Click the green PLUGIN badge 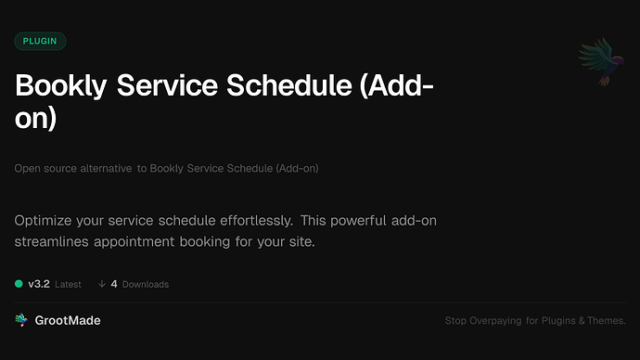pos(40,41)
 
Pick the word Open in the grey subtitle pos(26,168)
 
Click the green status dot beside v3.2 pos(19,284)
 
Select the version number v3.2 pos(38,284)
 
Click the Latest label pos(68,284)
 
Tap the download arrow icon pos(100,284)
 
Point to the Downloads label pos(145,284)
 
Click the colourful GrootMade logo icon pos(21,320)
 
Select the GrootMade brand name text pos(67,320)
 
